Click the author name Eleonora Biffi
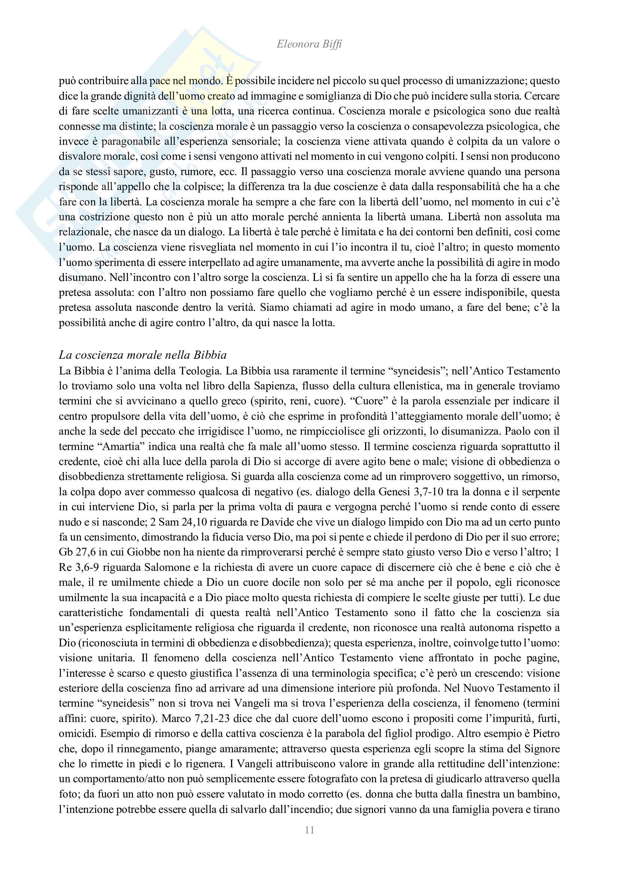(x=309, y=44)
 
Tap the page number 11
(x=309, y=830)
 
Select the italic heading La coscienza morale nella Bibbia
(x=143, y=355)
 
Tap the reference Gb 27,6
(x=77, y=552)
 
